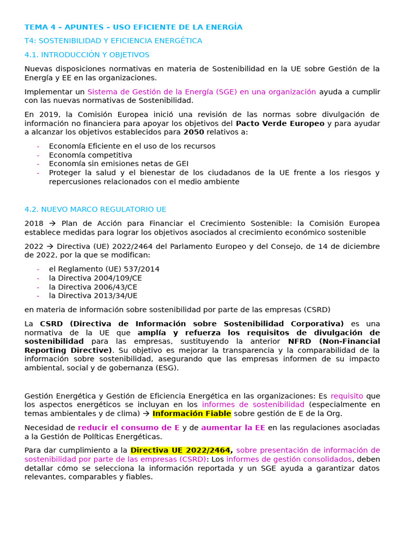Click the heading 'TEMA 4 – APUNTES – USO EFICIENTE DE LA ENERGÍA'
pyautogui.click(x=133, y=27)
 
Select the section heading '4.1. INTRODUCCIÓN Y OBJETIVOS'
pyautogui.click(x=87, y=55)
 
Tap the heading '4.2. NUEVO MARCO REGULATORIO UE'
pyautogui.click(x=95, y=209)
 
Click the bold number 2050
pyautogui.click(x=194, y=132)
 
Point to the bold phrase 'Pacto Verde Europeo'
pyautogui.click(x=280, y=123)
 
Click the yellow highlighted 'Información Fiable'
pyautogui.click(x=192, y=413)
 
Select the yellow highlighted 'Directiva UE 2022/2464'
pyautogui.click(x=180, y=450)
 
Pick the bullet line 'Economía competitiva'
pyautogui.click(x=90, y=155)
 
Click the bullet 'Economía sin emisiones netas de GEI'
pyautogui.click(x=118, y=164)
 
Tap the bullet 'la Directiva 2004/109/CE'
pyautogui.click(x=95, y=278)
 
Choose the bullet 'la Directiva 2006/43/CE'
pyautogui.click(x=93, y=287)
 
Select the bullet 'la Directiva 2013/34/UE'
pyautogui.click(x=93, y=296)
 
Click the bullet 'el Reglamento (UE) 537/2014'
pyautogui.click(x=104, y=269)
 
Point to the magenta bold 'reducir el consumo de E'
pyautogui.click(x=129, y=428)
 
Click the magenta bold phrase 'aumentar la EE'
pyautogui.click(x=233, y=428)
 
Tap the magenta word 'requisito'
pyautogui.click(x=346, y=396)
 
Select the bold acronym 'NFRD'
pyautogui.click(x=300, y=341)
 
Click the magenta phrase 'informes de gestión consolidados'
pyautogui.click(x=289, y=459)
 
